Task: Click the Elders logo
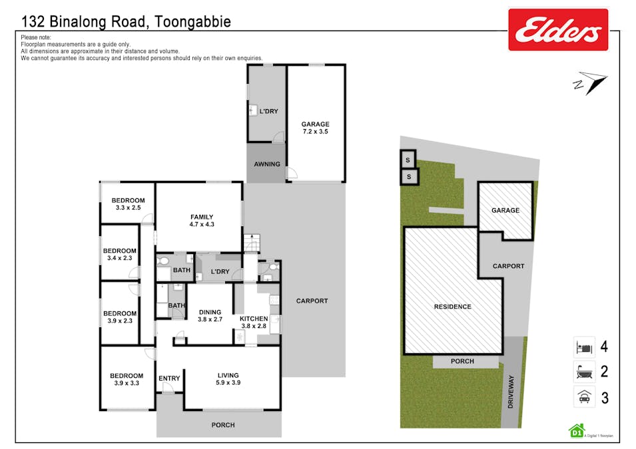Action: point(558,30)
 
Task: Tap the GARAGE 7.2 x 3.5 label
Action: point(315,128)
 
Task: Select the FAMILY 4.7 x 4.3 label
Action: point(202,221)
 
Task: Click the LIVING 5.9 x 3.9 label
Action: point(228,379)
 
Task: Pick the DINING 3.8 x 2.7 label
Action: point(210,316)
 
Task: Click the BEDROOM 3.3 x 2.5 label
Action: point(128,204)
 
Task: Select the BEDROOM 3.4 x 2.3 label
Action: point(120,255)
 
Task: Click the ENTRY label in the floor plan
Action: point(169,378)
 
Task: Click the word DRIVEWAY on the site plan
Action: point(511,392)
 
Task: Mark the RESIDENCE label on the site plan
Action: point(453,307)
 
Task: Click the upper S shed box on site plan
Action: point(408,160)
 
